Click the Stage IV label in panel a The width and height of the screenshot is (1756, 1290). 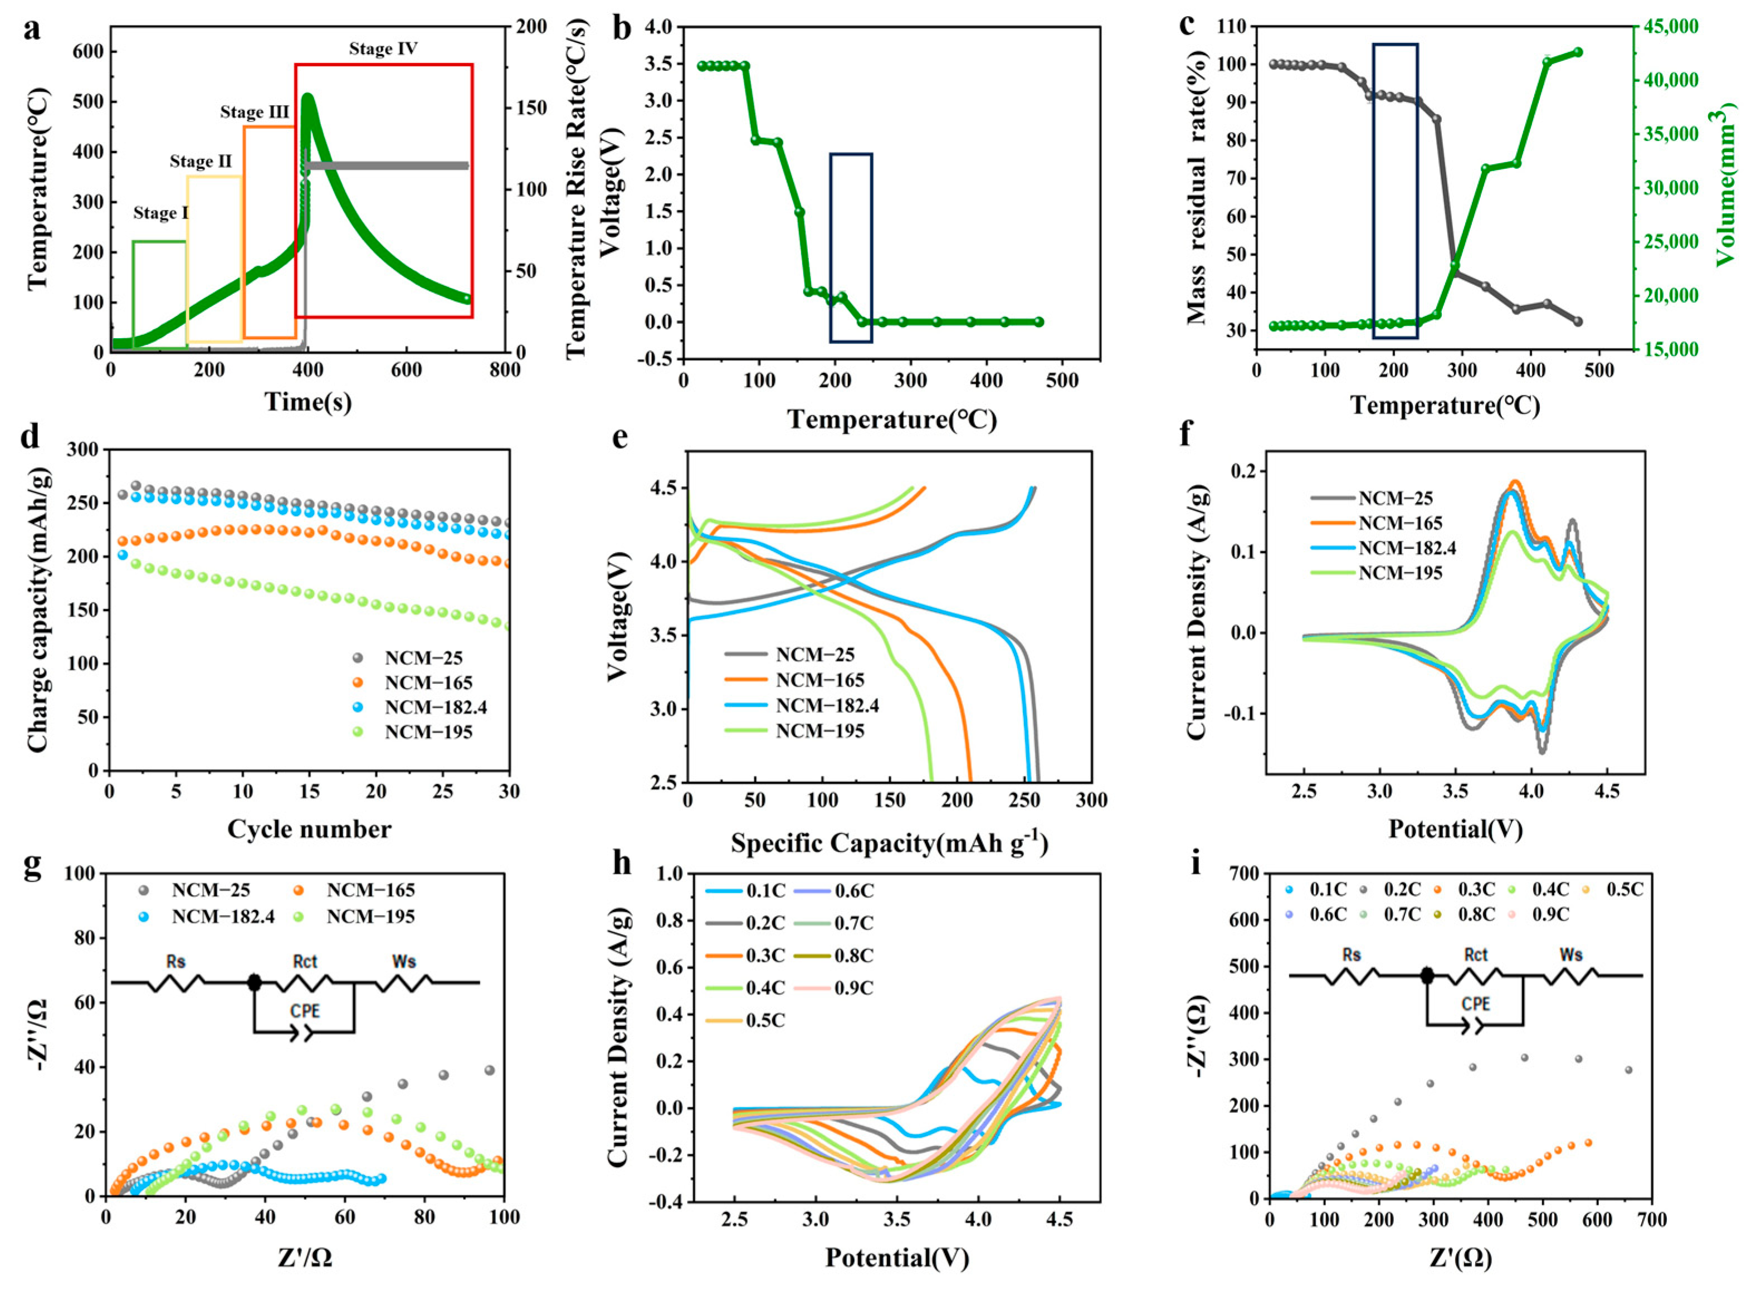tap(383, 49)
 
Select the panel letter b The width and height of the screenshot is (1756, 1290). tap(623, 29)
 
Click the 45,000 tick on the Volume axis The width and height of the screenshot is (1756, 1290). tap(1665, 27)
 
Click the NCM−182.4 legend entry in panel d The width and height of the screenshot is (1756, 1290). tap(435, 707)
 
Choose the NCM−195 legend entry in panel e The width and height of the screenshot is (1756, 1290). tap(820, 731)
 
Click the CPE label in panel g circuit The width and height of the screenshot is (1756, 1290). tap(305, 1012)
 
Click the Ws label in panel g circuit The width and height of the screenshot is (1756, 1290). tap(403, 961)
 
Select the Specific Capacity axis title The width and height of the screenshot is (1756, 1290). tap(889, 843)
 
